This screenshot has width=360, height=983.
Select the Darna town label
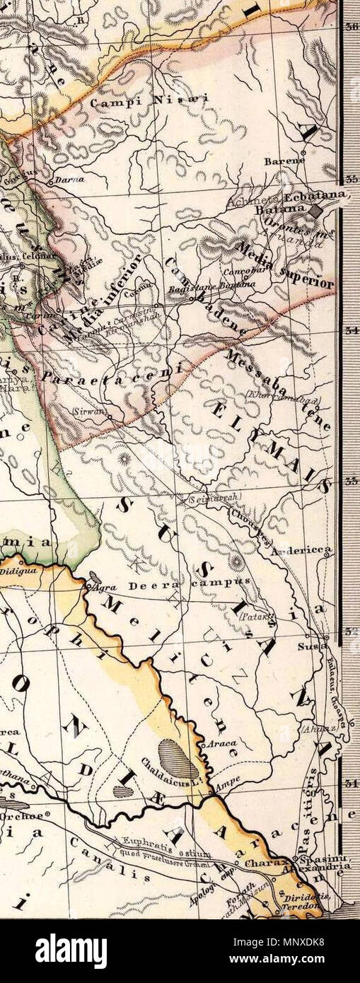[x=69, y=180]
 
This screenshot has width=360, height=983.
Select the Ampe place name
[x=225, y=784]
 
